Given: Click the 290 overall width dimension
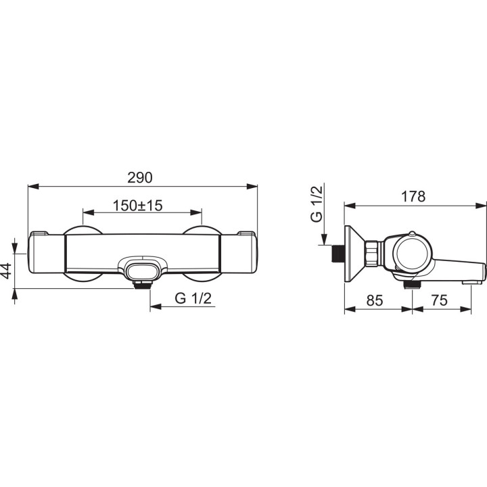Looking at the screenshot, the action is pyautogui.click(x=140, y=178).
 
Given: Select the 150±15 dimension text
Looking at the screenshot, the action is pyautogui.click(x=137, y=206).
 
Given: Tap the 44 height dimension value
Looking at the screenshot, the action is pyautogui.click(x=6, y=271).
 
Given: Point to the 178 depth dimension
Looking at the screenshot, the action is pyautogui.click(x=413, y=196).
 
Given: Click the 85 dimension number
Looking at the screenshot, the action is pyautogui.click(x=375, y=300).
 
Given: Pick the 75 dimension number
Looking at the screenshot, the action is pyautogui.click(x=440, y=300).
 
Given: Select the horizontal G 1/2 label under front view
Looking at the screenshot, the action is pyautogui.click(x=193, y=298).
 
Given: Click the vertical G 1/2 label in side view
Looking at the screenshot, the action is pyautogui.click(x=317, y=204).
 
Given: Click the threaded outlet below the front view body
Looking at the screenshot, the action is pyautogui.click(x=142, y=285).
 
